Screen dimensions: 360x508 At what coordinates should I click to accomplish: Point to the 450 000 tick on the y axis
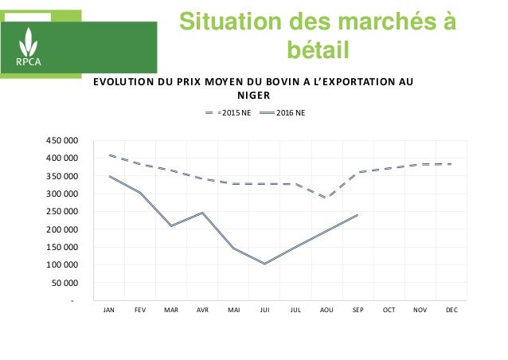[x=62, y=140]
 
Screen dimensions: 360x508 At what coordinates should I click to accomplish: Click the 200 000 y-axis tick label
[x=62, y=229]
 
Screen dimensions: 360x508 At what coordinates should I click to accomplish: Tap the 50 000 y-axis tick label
[x=64, y=283]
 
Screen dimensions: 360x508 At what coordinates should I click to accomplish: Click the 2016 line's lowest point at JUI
[x=264, y=264]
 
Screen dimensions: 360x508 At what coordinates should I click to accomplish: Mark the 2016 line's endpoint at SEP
[x=358, y=215]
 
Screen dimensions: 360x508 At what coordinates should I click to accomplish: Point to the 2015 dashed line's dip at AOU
[x=326, y=198]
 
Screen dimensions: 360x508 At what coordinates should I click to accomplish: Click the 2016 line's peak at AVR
[x=202, y=213]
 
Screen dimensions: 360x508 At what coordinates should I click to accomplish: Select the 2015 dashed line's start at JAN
[x=109, y=155]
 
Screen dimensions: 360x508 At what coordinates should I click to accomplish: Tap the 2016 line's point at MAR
[x=171, y=226]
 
